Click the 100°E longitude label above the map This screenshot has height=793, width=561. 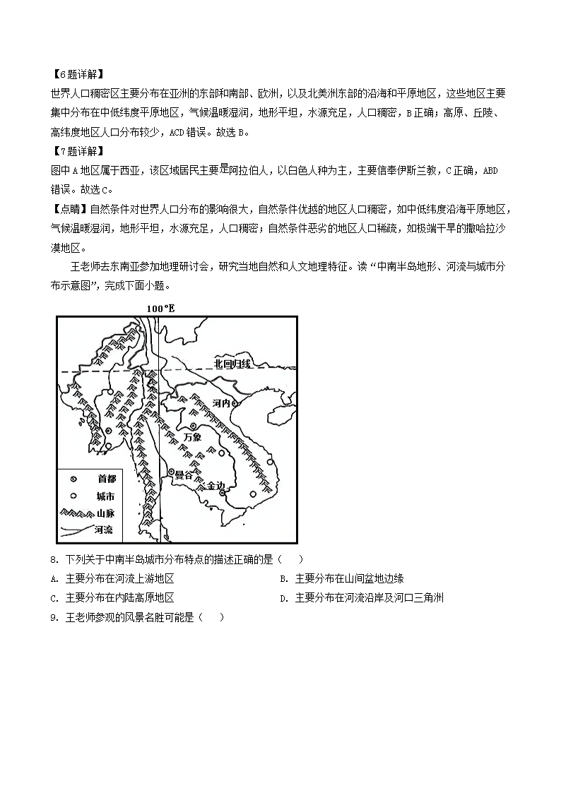click(x=160, y=309)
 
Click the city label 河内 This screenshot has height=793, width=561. click(x=221, y=403)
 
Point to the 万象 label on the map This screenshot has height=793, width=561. click(x=192, y=437)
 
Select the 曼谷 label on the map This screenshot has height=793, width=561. click(x=184, y=475)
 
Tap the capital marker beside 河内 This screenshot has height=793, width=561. click(x=236, y=404)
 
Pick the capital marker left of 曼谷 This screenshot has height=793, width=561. click(x=171, y=472)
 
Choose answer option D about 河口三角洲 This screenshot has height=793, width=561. click(x=361, y=598)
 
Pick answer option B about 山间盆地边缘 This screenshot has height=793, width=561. click(x=341, y=579)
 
